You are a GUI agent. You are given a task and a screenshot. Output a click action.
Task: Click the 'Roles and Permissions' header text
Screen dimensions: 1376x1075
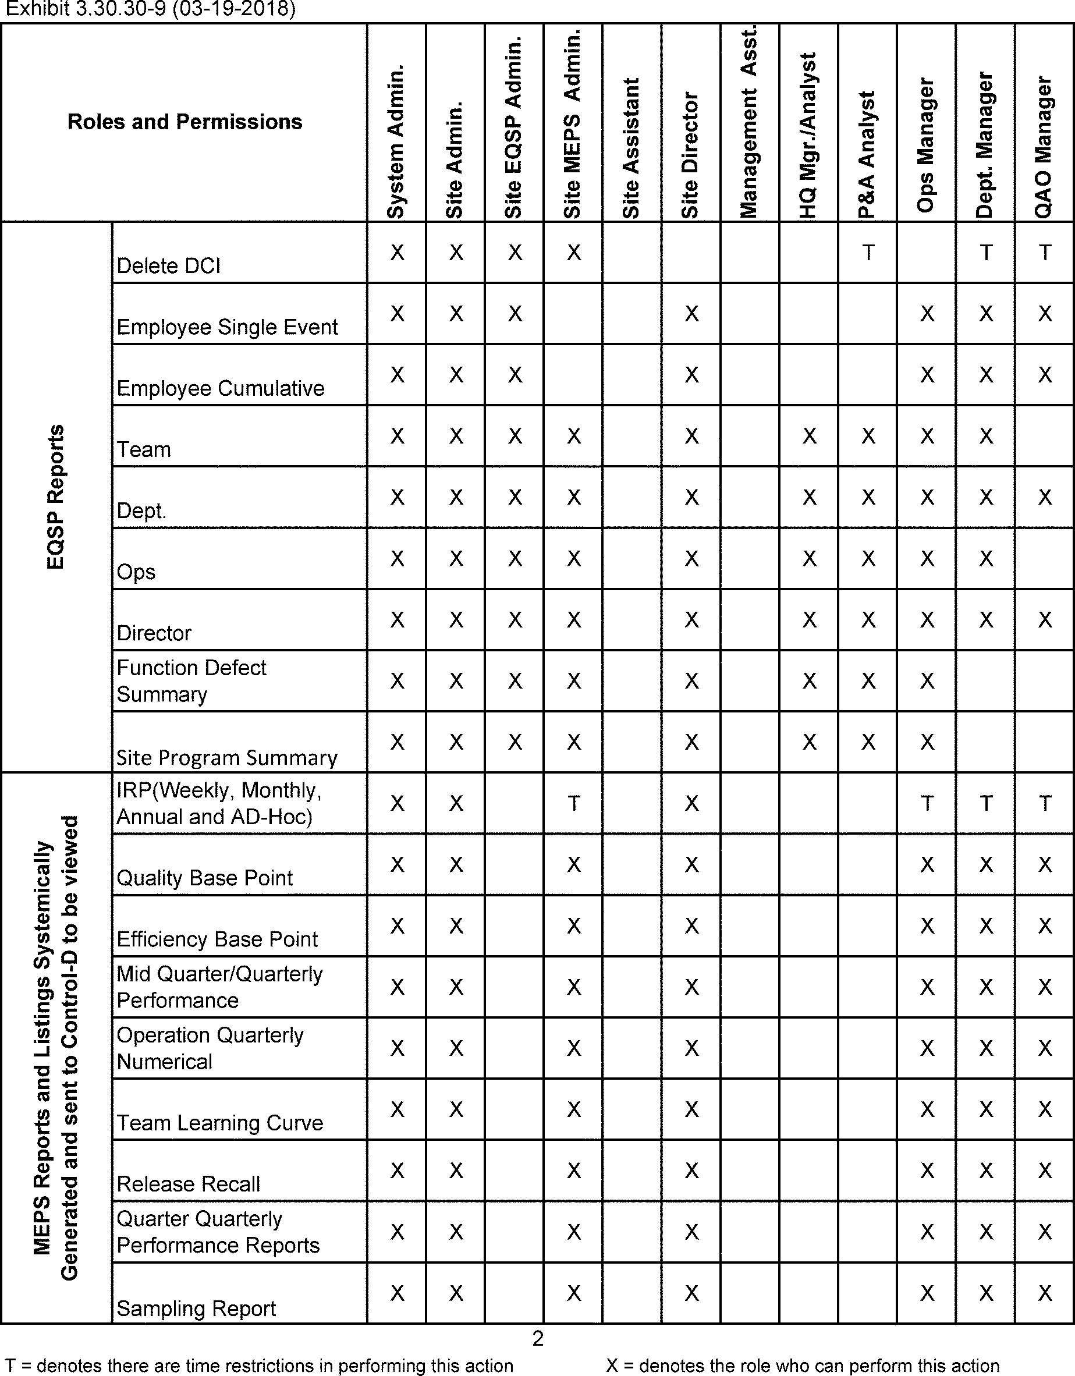(x=185, y=122)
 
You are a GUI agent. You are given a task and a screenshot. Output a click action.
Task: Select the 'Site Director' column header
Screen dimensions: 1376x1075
(x=691, y=155)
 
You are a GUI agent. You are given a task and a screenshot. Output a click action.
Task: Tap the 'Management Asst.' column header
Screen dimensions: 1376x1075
(x=749, y=123)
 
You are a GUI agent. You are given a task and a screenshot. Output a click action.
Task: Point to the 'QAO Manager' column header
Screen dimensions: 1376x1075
(x=1044, y=147)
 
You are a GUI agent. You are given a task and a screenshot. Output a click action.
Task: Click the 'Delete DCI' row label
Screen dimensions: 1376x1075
(x=168, y=266)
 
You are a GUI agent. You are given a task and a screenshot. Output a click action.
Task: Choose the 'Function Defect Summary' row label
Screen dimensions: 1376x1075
(x=191, y=681)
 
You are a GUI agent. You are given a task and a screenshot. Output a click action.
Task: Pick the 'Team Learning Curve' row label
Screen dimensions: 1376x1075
(x=219, y=1122)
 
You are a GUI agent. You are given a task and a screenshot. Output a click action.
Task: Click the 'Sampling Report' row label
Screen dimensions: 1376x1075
(x=196, y=1308)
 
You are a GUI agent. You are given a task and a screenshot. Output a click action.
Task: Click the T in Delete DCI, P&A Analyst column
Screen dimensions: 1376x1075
(x=868, y=253)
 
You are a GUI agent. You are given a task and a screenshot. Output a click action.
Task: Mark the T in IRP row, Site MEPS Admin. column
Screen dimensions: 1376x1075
(x=573, y=803)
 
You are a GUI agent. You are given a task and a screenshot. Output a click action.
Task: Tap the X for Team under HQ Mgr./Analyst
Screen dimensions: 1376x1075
(x=809, y=436)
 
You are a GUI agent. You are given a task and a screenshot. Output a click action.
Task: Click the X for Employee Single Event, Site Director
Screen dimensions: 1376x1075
(x=691, y=314)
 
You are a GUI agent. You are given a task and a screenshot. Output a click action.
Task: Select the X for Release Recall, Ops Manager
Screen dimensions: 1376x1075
(x=927, y=1171)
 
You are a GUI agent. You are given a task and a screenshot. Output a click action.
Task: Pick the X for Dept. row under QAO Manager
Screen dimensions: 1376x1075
(x=1045, y=497)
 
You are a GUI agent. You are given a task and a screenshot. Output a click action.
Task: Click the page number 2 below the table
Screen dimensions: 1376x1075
(x=538, y=1338)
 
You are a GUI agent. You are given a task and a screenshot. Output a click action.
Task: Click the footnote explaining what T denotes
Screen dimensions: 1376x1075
(x=259, y=1366)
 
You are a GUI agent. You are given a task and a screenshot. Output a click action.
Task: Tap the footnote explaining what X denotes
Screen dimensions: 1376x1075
(x=802, y=1366)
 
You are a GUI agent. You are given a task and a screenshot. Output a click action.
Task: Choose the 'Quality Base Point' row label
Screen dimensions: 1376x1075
(x=205, y=878)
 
